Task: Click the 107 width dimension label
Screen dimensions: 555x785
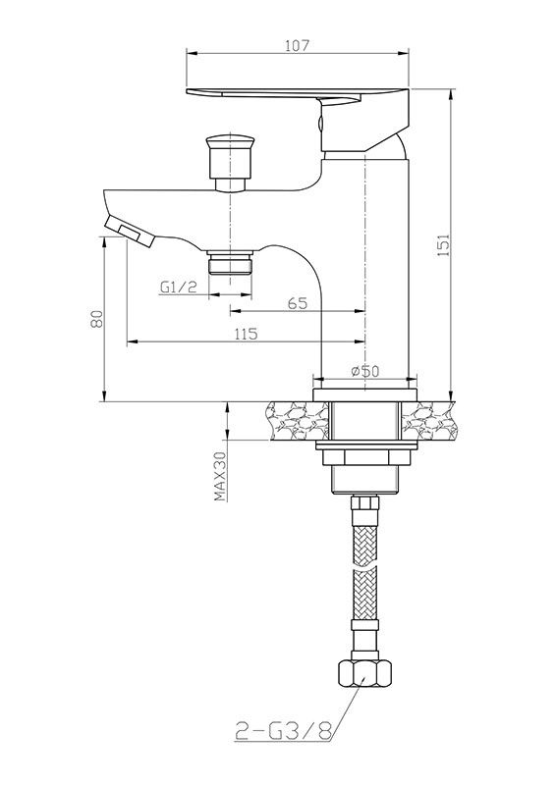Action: tap(297, 45)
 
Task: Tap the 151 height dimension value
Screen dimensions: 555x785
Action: tap(443, 244)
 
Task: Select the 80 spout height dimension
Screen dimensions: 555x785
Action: tap(97, 318)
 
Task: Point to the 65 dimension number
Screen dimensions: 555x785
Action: tap(297, 303)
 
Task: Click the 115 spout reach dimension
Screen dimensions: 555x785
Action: tap(246, 334)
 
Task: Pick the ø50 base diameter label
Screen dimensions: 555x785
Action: tap(364, 371)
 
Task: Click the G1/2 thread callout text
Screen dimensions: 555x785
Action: tap(179, 288)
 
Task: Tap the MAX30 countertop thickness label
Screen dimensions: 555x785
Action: tap(220, 476)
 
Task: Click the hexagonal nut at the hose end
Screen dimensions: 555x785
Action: tap(364, 675)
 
